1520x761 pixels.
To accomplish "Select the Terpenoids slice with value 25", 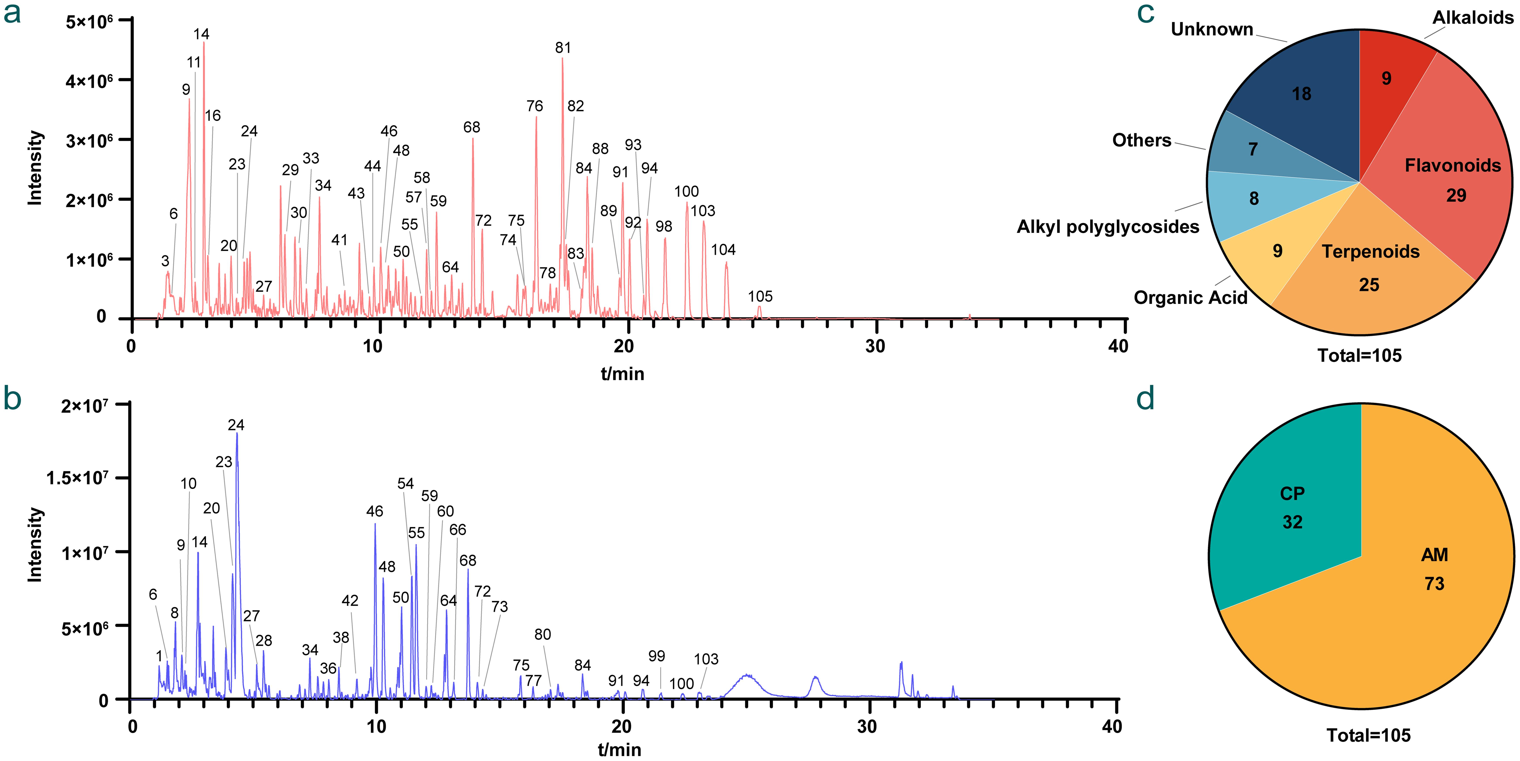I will pos(1369,266).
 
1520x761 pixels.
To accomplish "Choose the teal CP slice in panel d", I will pos(1292,508).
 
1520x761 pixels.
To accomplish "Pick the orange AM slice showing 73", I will pos(1434,570).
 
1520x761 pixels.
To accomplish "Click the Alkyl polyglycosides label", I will pos(1108,227).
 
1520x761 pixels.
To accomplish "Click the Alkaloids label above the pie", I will pos(1472,18).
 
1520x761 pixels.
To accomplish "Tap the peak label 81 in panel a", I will pos(563,48).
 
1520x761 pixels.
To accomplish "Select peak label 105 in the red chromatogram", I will pos(760,296).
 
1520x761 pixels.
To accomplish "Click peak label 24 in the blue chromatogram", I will pos(236,425).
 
